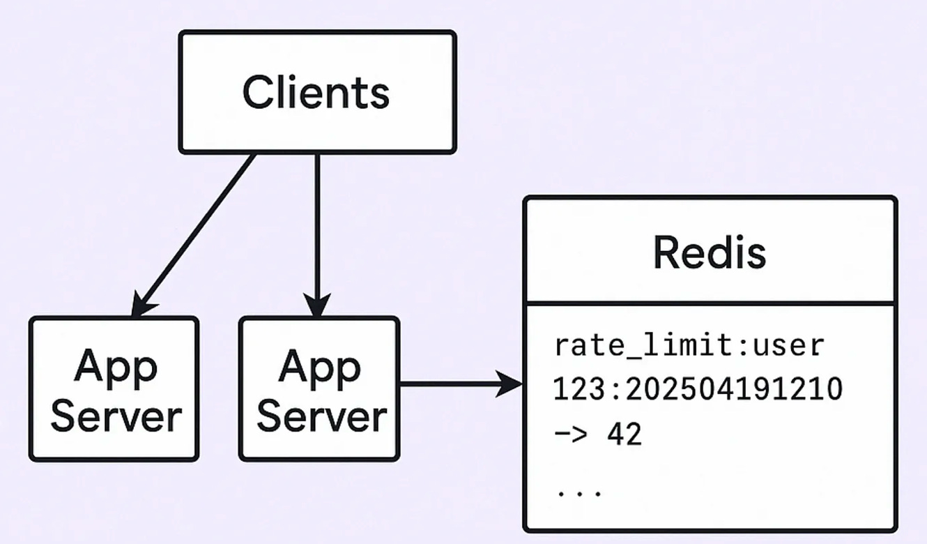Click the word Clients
click(316, 92)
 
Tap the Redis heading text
click(709, 252)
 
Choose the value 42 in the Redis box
click(625, 435)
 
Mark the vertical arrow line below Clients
click(317, 223)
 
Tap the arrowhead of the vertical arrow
click(317, 306)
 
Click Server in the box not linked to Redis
click(115, 416)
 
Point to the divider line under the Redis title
click(710, 304)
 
